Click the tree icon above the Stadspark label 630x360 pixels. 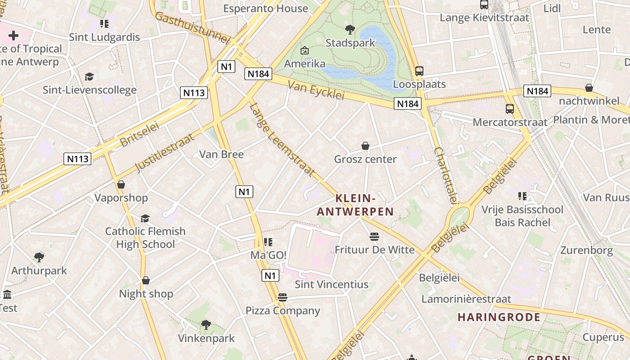(x=350, y=30)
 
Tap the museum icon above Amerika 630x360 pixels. (x=305, y=50)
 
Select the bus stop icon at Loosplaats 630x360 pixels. (x=419, y=71)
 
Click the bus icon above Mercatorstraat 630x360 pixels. (x=510, y=109)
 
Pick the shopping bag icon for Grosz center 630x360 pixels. (x=365, y=146)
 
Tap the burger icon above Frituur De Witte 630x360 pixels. (x=374, y=237)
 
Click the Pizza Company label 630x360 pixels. (x=283, y=311)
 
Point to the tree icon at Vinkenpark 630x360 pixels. (x=206, y=324)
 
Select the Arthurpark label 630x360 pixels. (x=39, y=271)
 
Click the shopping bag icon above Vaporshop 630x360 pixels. (x=121, y=184)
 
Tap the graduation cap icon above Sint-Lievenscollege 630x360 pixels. (x=90, y=77)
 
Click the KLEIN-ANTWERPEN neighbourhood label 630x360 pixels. (x=355, y=205)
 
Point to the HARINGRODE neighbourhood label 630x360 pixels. (x=499, y=317)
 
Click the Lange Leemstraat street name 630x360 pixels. (x=282, y=139)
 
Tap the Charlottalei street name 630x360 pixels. (x=446, y=176)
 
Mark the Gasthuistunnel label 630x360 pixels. (x=192, y=28)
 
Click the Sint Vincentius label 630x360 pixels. (x=331, y=284)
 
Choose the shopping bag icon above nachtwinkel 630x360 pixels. (x=589, y=88)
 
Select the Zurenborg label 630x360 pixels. (x=586, y=250)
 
